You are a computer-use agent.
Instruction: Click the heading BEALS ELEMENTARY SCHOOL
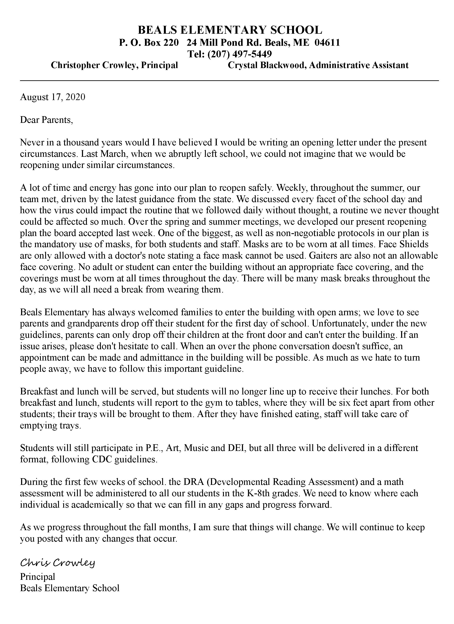pos(230,30)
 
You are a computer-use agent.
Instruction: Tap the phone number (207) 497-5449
pos(239,54)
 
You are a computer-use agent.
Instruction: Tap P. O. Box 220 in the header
pos(149,42)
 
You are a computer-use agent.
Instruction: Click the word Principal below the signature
pos(37,577)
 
